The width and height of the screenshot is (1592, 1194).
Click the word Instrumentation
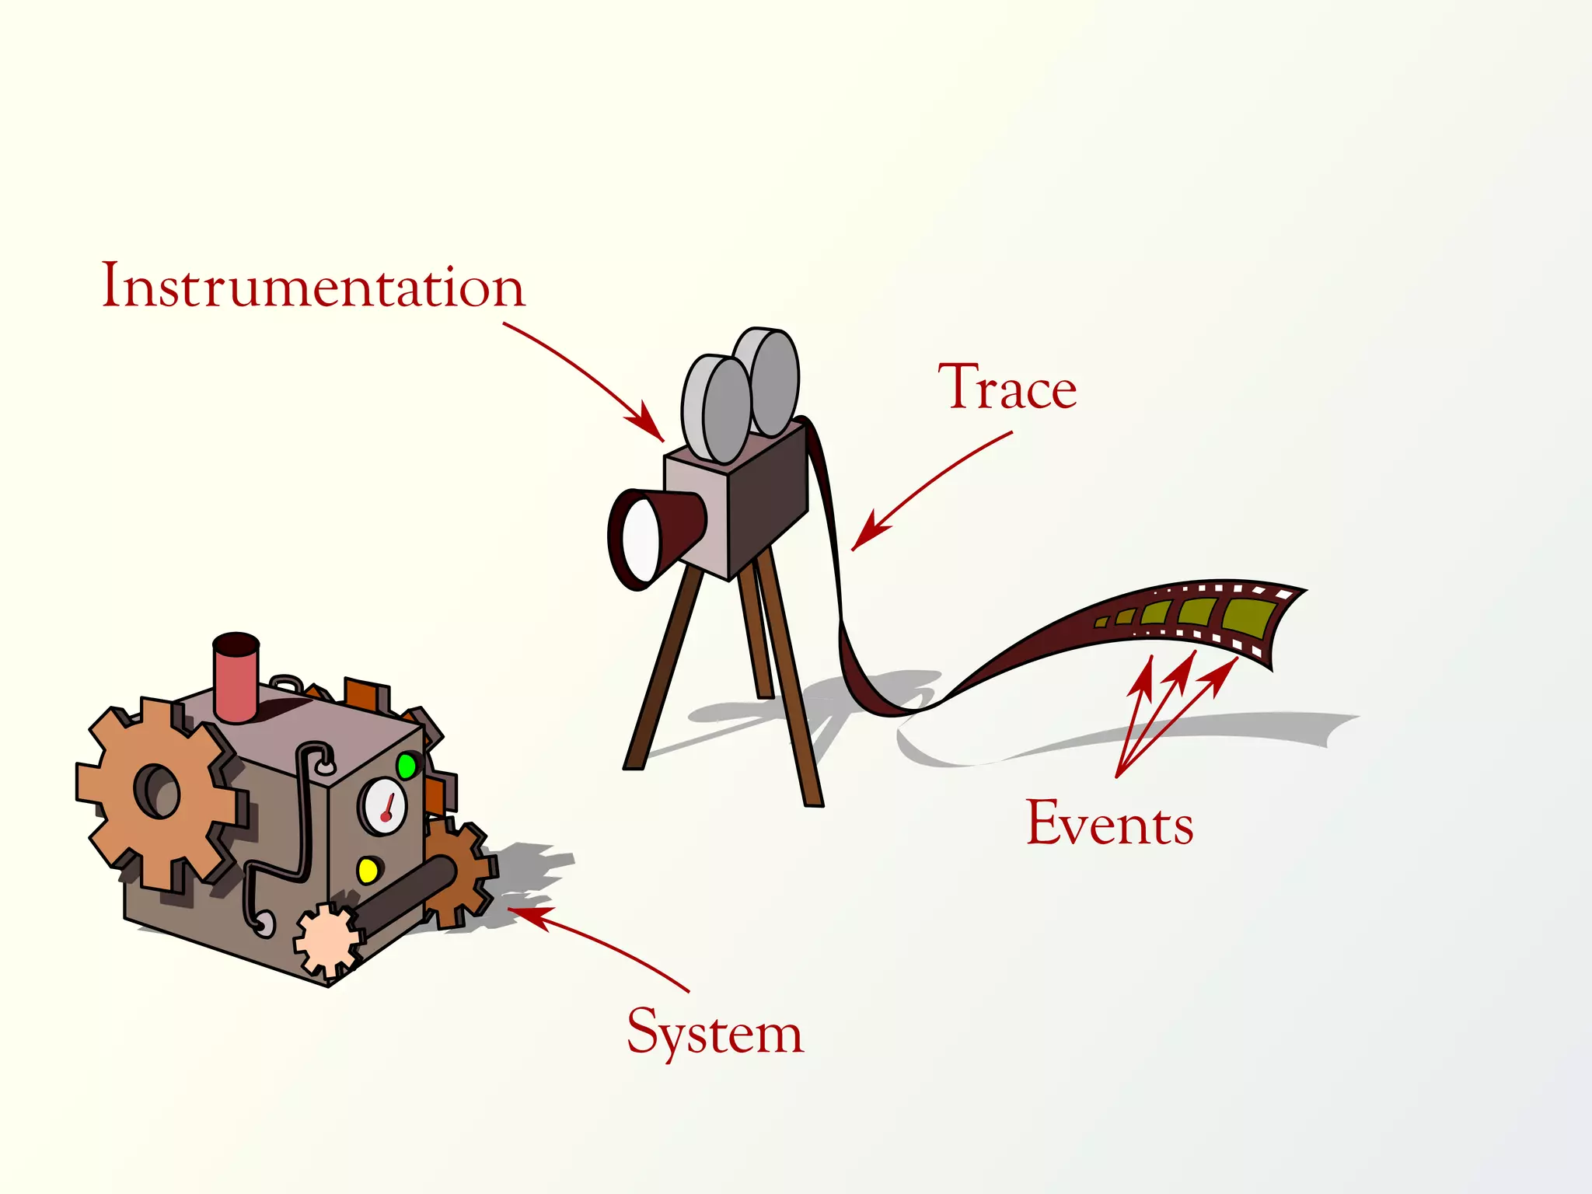tap(313, 286)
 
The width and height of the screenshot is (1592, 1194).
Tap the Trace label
tap(1007, 387)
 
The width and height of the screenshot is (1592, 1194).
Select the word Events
tap(1109, 822)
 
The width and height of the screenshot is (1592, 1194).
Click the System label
tap(714, 1032)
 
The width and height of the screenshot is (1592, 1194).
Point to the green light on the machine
tap(406, 766)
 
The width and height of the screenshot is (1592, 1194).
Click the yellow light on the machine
tap(368, 870)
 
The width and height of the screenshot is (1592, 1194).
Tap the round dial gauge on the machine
tap(382, 805)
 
